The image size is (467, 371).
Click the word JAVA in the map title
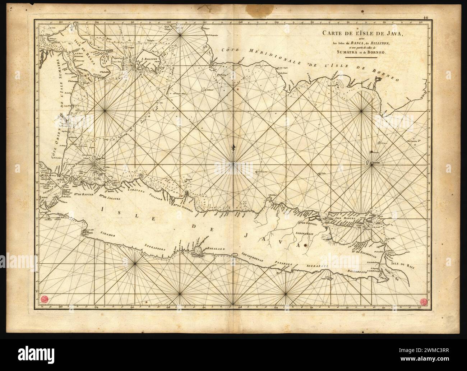tap(394, 35)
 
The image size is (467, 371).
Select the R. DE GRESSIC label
tap(306, 223)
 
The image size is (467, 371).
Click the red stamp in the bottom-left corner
tap(45, 298)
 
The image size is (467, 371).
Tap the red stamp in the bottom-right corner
tap(422, 301)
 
